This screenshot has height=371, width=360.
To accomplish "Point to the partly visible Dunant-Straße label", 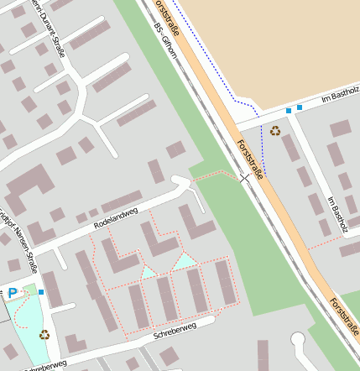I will coord(45,26).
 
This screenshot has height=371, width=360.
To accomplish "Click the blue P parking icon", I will coord(13,293).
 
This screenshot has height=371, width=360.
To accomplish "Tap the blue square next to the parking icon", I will coord(41,292).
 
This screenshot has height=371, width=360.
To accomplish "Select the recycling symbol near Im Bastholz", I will coord(275,130).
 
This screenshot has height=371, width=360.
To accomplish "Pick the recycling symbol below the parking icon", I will coord(44,334).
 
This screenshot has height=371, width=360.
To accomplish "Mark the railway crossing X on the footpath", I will coord(244,178).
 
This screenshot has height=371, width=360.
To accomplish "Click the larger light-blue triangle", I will coord(185,260).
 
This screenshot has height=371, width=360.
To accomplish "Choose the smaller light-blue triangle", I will coord(149,271).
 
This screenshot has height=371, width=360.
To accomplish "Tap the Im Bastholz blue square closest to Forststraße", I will coord(289,110).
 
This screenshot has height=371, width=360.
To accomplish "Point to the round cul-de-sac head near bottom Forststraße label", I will coord(299,340).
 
